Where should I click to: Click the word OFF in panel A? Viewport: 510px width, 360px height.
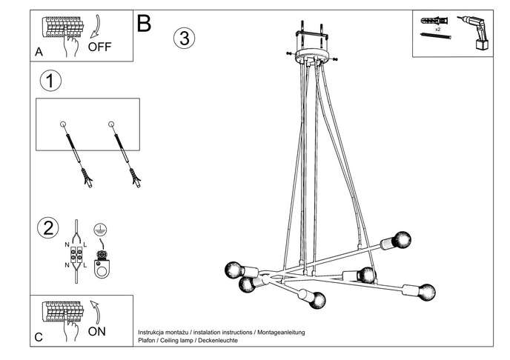click(100, 47)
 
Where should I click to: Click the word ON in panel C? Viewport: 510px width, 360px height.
click(97, 331)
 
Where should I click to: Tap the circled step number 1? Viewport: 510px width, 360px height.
click(49, 81)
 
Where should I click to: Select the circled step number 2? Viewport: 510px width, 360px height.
click(49, 227)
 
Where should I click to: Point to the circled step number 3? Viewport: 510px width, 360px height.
click(185, 38)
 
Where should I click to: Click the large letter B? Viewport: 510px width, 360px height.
click(144, 24)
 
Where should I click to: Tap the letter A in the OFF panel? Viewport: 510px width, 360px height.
click(39, 52)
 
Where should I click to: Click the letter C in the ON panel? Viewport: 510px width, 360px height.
click(39, 337)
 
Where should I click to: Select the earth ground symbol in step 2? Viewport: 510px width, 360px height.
click(100, 230)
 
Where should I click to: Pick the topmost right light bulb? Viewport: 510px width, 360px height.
click(400, 240)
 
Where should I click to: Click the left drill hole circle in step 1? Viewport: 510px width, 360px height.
click(63, 123)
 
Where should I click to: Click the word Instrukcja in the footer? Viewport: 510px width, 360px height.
click(155, 333)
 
